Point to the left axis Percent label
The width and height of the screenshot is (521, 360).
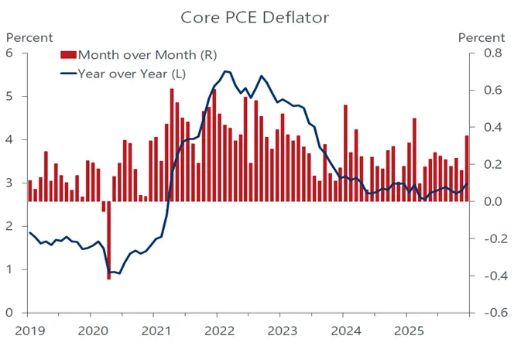[x=29, y=37]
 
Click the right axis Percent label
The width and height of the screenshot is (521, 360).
[x=482, y=37]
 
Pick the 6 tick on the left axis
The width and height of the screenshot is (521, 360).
[x=11, y=53]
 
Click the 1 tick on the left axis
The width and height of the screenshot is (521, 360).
[x=11, y=269]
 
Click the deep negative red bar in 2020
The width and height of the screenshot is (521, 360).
[x=109, y=240]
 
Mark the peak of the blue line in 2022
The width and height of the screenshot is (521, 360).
[x=225, y=71]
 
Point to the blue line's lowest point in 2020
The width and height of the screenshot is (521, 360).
[x=111, y=272]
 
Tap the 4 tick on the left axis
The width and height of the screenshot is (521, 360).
[x=11, y=140]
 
